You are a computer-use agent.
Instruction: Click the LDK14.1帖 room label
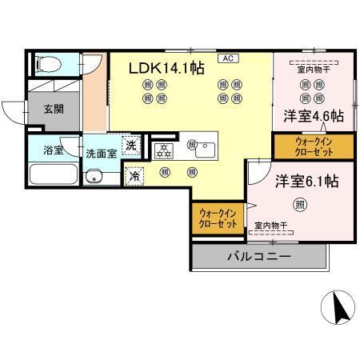(166, 69)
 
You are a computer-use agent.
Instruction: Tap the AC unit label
(227, 58)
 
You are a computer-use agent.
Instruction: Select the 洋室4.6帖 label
(313, 115)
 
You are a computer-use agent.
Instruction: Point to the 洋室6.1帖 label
(307, 181)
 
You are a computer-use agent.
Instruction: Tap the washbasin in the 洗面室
(94, 177)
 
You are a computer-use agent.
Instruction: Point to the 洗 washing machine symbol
(134, 146)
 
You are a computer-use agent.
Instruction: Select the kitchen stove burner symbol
(162, 149)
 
